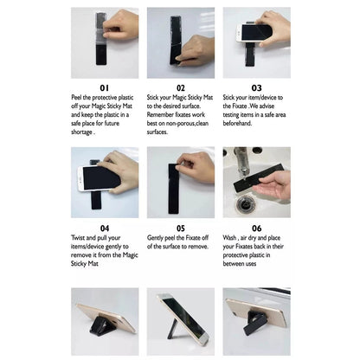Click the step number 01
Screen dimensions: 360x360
click(105, 87)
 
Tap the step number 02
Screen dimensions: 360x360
click(181, 87)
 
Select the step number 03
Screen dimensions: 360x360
click(256, 87)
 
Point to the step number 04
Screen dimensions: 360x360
click(105, 228)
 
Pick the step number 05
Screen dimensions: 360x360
click(181, 228)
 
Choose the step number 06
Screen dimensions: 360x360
click(256, 228)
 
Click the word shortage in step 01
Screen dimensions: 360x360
click(81, 132)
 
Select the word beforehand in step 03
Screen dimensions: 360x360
click(237, 123)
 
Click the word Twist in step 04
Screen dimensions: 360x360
click(78, 238)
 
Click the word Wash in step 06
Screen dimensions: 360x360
click(229, 238)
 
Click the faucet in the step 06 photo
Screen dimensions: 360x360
click(241, 163)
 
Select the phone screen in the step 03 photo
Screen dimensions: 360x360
click(256, 32)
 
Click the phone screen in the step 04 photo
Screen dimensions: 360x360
click(101, 177)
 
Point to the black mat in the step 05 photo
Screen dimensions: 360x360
click(173, 189)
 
